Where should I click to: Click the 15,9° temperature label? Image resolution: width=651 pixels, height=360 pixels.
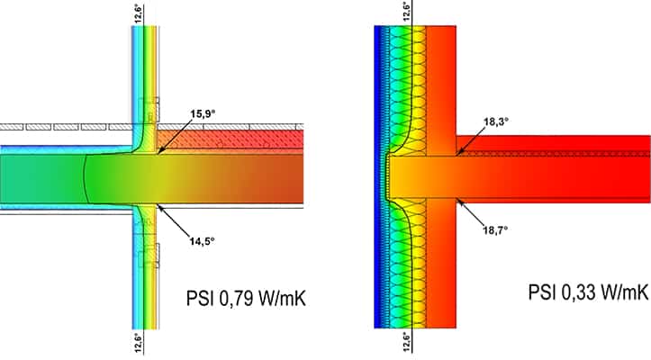coord(203,113)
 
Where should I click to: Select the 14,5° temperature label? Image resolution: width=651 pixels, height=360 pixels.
coord(203,241)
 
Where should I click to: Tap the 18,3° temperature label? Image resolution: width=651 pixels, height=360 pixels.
coord(496,121)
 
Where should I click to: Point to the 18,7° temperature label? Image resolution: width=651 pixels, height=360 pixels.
coord(495,229)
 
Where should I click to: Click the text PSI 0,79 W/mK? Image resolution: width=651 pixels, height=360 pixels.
coord(246,298)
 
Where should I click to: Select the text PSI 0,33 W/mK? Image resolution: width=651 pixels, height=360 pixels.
coord(587,292)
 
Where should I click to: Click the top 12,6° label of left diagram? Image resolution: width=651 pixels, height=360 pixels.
coord(139,13)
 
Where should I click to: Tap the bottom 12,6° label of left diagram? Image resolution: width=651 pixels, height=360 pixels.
coord(139,343)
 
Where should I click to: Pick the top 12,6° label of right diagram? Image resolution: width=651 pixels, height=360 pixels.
coord(407,11)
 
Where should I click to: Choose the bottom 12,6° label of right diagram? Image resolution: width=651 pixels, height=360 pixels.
coord(407,341)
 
